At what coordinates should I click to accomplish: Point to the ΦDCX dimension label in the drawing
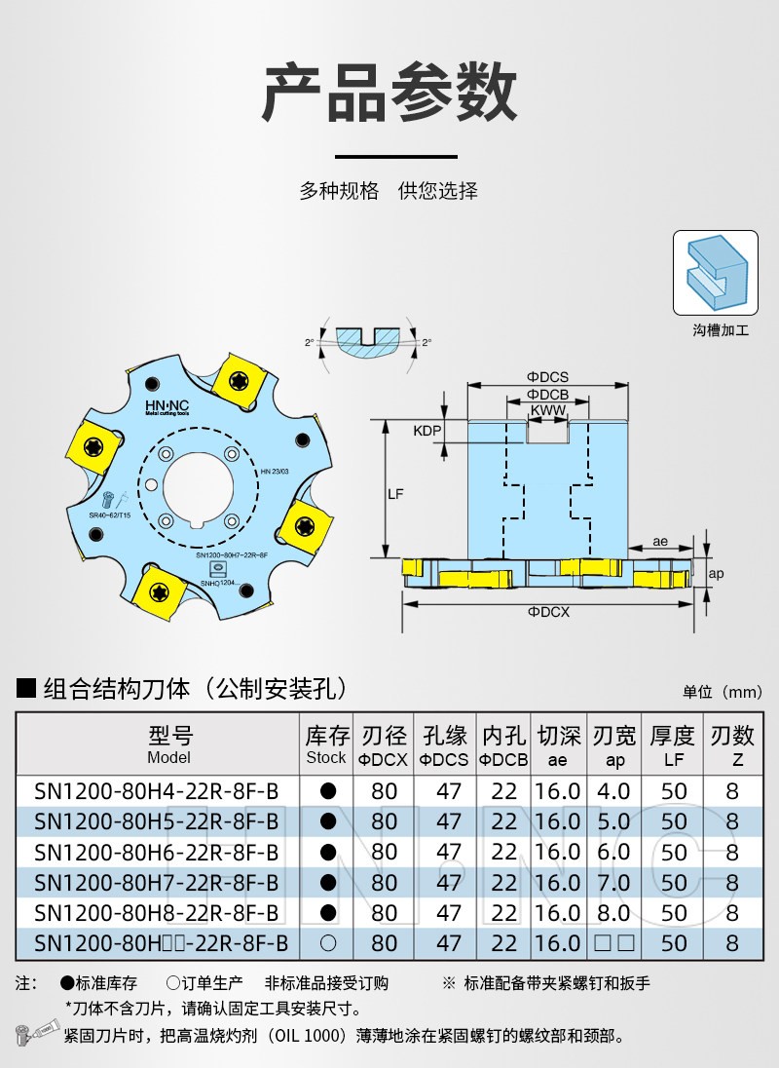[x=548, y=612]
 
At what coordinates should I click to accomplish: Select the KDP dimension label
[x=427, y=431]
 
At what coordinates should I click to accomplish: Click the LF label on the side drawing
[x=395, y=494]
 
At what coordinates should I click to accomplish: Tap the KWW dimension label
[x=548, y=411]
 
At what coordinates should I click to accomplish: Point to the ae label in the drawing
[x=659, y=541]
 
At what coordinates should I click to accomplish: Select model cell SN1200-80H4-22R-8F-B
[x=156, y=790]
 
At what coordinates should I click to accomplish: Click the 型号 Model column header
[x=169, y=744]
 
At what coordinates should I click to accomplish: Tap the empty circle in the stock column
[x=328, y=943]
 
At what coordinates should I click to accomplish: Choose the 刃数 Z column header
[x=732, y=744]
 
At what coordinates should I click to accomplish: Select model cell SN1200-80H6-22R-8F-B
[x=156, y=852]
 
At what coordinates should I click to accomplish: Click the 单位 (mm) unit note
[x=722, y=692]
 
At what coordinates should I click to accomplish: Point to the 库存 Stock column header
[x=327, y=744]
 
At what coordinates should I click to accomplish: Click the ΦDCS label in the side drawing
[x=548, y=376]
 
